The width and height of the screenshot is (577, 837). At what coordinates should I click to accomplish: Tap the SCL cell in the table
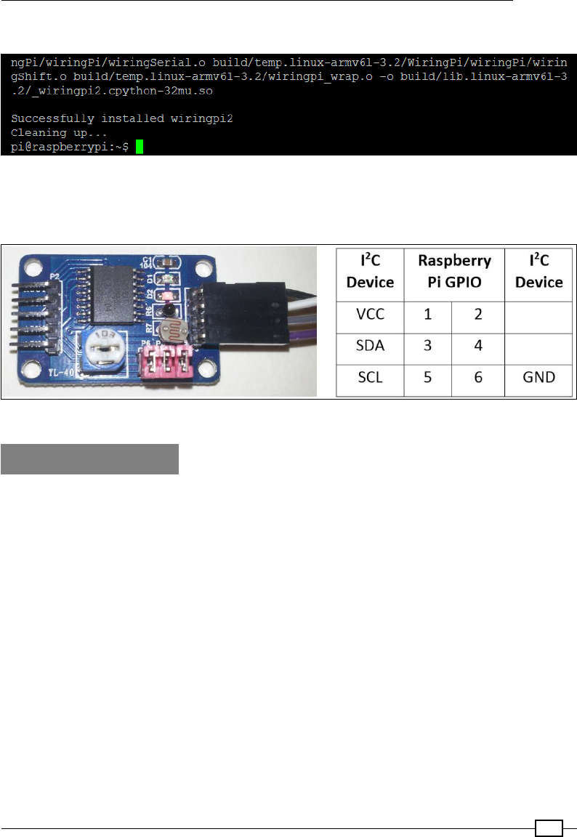click(x=367, y=378)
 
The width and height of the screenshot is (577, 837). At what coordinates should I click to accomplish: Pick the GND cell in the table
click(x=538, y=378)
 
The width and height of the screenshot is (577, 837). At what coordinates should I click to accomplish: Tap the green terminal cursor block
click(x=140, y=147)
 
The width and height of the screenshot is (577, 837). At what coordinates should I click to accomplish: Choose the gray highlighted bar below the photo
click(x=89, y=459)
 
